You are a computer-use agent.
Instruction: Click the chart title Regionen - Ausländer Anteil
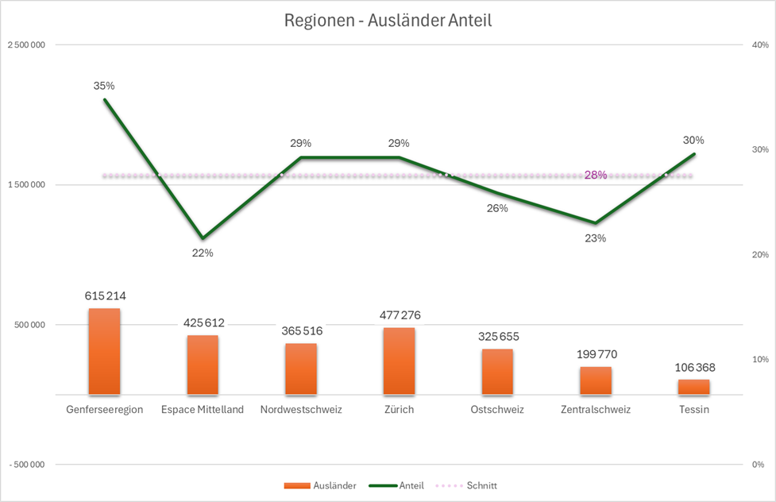click(x=388, y=21)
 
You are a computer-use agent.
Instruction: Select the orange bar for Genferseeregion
click(x=104, y=351)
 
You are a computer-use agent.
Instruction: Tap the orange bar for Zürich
click(x=399, y=361)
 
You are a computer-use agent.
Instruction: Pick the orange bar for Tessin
click(x=693, y=387)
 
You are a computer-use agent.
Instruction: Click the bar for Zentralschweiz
click(x=596, y=380)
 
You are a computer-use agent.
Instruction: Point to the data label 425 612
click(x=203, y=322)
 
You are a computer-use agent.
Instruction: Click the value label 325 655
click(x=497, y=336)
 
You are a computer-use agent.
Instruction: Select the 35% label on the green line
click(x=104, y=85)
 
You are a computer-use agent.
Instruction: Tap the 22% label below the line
click(x=203, y=253)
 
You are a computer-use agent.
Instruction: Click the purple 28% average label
click(x=596, y=176)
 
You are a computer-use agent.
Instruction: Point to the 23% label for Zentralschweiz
click(x=596, y=237)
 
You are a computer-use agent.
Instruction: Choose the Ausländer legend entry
click(x=319, y=485)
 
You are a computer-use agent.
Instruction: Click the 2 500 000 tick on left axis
click(x=26, y=45)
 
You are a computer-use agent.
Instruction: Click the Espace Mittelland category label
click(x=203, y=410)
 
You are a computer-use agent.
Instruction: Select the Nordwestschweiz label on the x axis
click(x=301, y=410)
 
